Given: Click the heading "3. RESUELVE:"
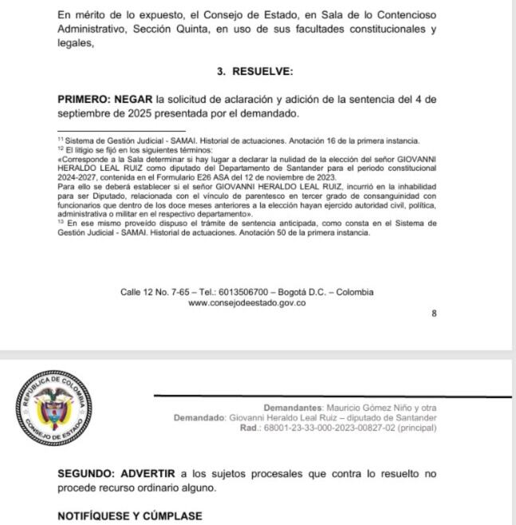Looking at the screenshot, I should (x=255, y=71).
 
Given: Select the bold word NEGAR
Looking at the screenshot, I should (x=136, y=100).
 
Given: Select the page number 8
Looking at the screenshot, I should (x=434, y=314).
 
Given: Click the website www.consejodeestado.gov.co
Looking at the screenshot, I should (x=246, y=302).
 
